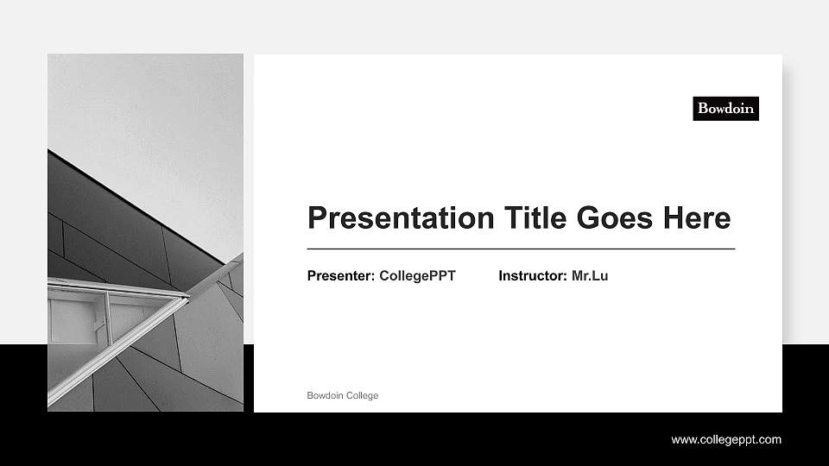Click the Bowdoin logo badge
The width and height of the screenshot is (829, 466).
(x=725, y=108)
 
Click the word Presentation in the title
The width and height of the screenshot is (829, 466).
(x=393, y=217)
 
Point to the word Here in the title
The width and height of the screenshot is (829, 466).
(x=696, y=217)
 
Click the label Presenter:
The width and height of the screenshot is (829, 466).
(x=341, y=276)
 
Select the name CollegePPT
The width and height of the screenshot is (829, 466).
(x=417, y=276)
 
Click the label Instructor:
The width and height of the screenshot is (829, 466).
(x=533, y=276)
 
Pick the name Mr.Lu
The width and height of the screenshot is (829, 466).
(x=590, y=276)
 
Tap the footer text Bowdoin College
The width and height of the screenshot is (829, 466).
(x=343, y=395)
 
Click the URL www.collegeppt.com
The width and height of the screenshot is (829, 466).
(x=726, y=440)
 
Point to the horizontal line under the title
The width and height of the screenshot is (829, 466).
(x=521, y=249)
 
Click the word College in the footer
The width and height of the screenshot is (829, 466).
(x=362, y=395)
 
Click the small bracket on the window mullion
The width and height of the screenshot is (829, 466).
(x=100, y=326)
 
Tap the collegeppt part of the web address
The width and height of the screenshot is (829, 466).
(x=725, y=440)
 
